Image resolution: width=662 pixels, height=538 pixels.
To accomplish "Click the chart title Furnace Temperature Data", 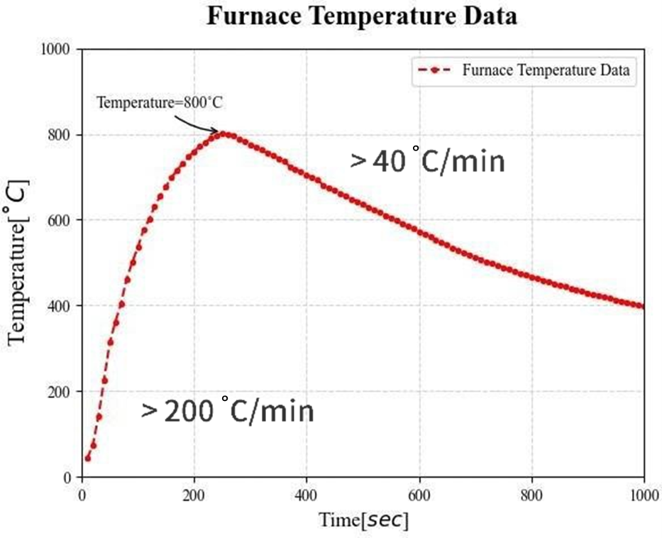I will pos(362,16).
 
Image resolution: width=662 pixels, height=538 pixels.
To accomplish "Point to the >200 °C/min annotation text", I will pos(227,411).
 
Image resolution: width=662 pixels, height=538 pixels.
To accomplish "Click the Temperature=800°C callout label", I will pos(160,103).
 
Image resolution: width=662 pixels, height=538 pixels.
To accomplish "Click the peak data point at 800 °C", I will pos(224,133).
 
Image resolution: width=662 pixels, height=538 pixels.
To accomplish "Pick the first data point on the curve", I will pos(88,458).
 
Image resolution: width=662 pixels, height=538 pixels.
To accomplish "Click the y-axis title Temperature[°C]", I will pos(19,263).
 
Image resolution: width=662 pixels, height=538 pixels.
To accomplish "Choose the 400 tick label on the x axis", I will pos(307,491).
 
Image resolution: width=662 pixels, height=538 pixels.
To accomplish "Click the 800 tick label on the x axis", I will pos(532,491).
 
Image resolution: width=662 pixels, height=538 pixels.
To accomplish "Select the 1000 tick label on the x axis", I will pos(643,491).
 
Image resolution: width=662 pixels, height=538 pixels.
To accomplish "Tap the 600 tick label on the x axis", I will pos(419,491).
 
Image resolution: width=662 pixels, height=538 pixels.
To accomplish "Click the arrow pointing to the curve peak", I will pos(199,124).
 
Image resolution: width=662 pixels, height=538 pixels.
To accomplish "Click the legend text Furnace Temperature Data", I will pos(546,70).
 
